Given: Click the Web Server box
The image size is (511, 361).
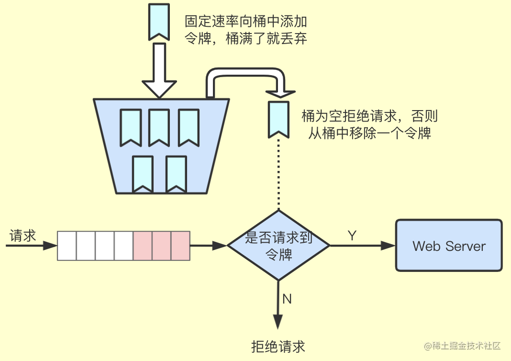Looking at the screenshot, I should coord(448,246).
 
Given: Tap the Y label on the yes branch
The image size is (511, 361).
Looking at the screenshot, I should coord(352,236).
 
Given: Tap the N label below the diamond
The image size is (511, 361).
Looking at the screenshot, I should coord(287,299).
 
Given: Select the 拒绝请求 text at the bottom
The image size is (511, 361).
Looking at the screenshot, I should coord(278,346).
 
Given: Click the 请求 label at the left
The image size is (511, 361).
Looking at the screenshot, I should coord(23,236).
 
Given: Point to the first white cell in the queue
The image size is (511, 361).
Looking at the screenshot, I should coord(67,246).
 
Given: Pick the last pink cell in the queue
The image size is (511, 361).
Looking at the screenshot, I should coord(180,246).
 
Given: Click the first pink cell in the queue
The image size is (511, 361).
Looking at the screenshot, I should coord(143,246).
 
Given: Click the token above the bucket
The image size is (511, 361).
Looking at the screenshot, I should coord(157,21).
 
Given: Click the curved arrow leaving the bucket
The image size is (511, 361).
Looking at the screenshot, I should coord(246,76).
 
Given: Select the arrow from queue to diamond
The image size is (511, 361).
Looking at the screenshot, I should coord(208,246).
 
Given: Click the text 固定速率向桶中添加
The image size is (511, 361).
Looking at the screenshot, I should coord(245,22).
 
